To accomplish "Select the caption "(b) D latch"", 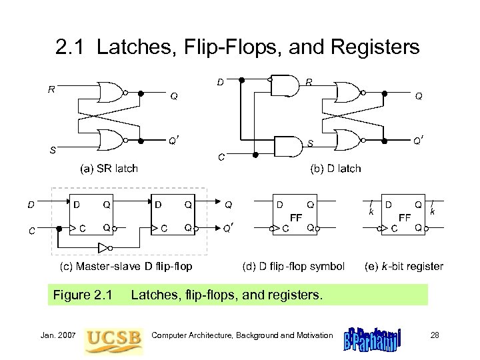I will tap(335, 168).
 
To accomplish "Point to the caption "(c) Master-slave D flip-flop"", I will tap(126, 267).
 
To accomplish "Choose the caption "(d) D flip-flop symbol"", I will tap(293, 267).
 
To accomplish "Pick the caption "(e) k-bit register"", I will tap(404, 267).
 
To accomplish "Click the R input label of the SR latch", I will tap(51, 88).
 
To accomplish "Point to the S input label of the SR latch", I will tap(51, 149).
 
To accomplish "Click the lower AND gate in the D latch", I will tap(286, 146).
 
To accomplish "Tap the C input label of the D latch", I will tap(221, 157).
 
